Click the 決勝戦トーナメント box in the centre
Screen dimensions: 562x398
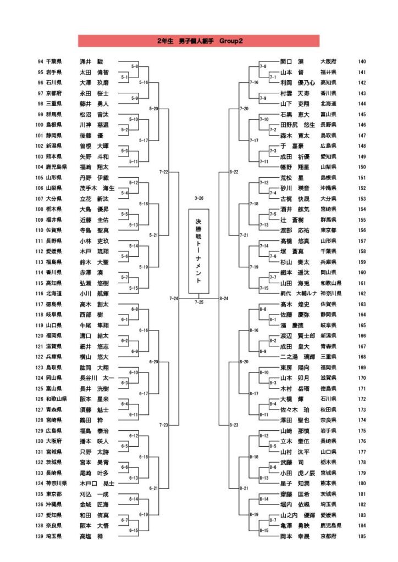tap(198, 251)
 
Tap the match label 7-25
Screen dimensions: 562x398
tap(198, 302)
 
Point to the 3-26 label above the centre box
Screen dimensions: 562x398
tap(198, 198)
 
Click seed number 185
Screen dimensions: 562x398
tap(362, 536)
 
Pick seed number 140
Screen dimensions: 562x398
tap(362, 61)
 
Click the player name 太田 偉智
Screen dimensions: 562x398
tap(94, 72)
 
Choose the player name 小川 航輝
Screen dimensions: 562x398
tap(94, 293)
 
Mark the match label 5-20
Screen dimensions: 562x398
tap(154, 109)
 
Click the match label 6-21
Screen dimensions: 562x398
tap(154, 488)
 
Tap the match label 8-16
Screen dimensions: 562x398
tap(253, 330)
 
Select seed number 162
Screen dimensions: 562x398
tap(362, 293)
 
